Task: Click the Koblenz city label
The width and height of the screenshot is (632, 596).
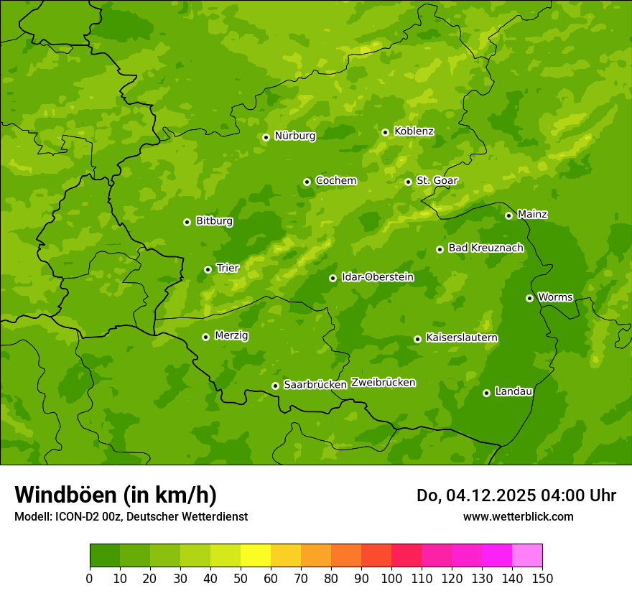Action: [414, 131]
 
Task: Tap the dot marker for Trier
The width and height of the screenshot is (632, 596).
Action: [208, 269]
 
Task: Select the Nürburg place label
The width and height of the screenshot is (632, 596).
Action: [294, 136]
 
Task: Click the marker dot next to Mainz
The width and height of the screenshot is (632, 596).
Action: [508, 215]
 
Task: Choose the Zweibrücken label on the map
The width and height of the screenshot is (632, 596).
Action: [383, 383]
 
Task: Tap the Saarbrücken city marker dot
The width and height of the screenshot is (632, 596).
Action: [275, 386]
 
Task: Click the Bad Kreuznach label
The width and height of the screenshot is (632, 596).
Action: [485, 248]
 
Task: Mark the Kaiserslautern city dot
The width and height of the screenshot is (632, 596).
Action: [417, 339]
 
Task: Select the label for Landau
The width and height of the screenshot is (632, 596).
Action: [513, 391]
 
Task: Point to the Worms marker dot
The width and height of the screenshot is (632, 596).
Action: [529, 298]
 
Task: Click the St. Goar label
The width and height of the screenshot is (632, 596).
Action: [437, 180]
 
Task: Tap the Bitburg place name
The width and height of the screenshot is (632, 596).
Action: [214, 221]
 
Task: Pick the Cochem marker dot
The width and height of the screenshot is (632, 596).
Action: [307, 182]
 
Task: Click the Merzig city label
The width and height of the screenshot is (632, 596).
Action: [231, 335]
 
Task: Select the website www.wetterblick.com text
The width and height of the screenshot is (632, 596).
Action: [518, 516]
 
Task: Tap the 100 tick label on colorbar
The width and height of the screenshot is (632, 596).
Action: [391, 578]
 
